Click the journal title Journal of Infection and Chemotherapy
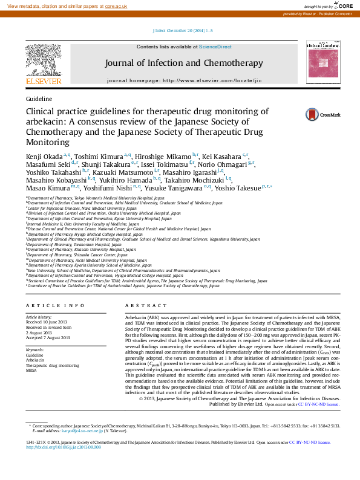(183, 63)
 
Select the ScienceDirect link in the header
(215, 47)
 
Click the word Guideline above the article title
(39, 98)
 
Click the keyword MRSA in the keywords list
(31, 371)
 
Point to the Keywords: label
(35, 350)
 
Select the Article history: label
(39, 316)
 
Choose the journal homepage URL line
(184, 80)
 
